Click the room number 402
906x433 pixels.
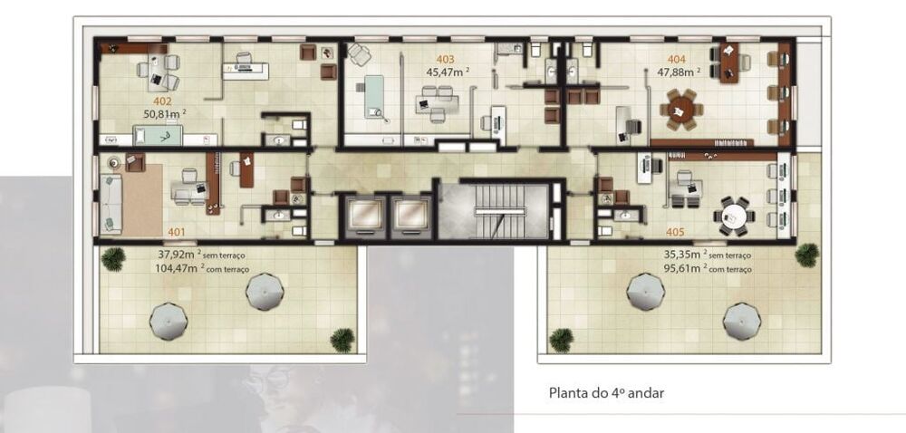point(163,101)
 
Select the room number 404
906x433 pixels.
point(677,57)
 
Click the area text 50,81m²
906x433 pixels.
point(163,114)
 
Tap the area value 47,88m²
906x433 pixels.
point(681,71)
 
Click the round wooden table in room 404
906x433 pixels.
point(680,109)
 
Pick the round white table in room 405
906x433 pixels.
point(733,216)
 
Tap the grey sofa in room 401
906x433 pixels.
point(111,204)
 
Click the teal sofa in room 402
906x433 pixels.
point(159,137)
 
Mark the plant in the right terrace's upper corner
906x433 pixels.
point(806,255)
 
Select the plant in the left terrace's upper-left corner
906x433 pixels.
point(112,259)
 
